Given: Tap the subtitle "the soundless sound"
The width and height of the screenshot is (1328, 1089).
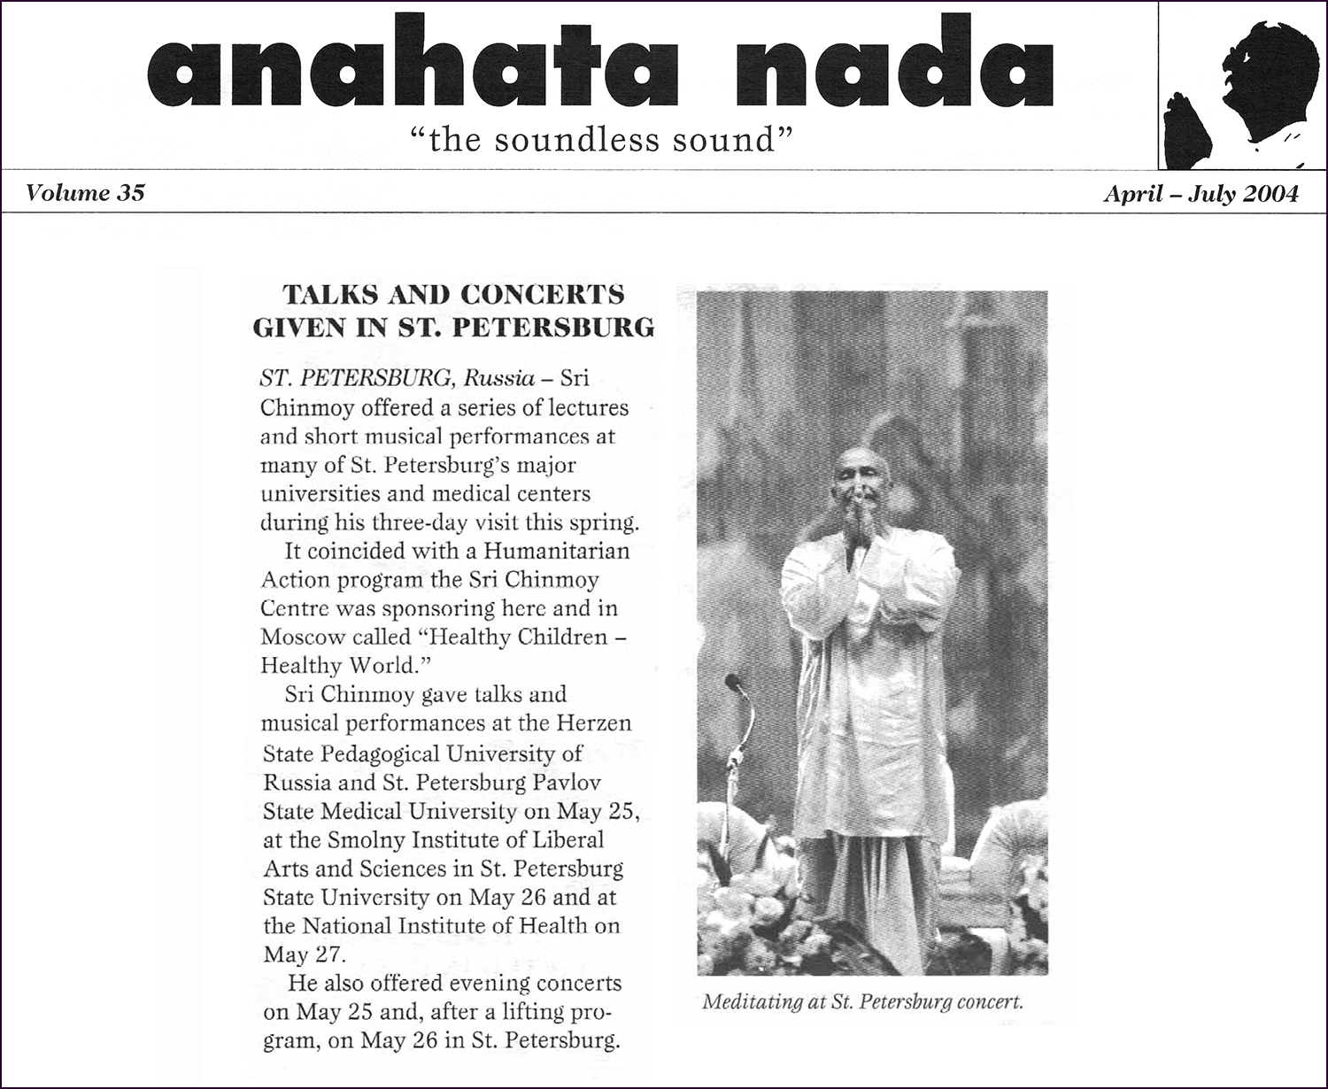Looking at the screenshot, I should coord(600,140).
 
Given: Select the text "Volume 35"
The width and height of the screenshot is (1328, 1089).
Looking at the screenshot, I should coord(85,193).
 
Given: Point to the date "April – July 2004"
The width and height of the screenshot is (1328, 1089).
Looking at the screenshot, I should coord(1201,194).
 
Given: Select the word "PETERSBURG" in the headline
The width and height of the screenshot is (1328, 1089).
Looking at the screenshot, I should coord(554,328).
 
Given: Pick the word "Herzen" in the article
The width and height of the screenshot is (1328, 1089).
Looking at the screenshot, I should coord(593,723).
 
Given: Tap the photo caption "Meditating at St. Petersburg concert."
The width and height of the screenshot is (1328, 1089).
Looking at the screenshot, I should coord(862,1002).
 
